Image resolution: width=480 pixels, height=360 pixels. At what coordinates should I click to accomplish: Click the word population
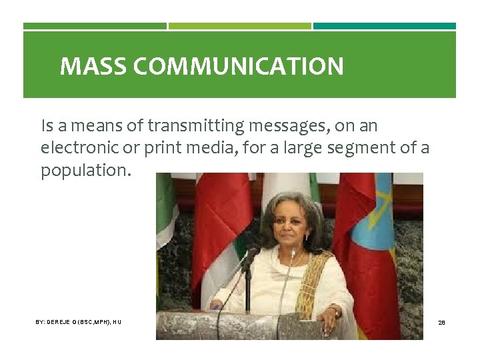point(87,170)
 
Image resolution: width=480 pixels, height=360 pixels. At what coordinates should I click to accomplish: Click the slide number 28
point(441,322)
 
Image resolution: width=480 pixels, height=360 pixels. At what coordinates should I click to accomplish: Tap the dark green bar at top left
point(95,26)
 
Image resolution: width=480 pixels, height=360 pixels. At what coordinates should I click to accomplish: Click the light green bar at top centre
point(239,26)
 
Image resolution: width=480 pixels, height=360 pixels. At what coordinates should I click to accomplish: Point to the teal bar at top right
point(385,26)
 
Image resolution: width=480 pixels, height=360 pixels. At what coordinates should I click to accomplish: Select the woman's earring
point(307,237)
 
